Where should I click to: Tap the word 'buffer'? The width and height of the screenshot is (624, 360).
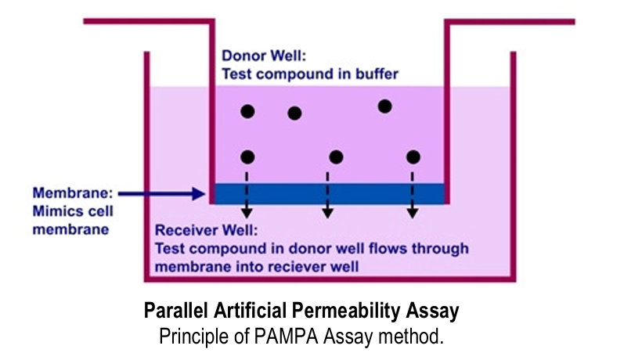[374, 74]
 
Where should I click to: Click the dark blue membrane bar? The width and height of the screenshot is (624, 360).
[329, 193]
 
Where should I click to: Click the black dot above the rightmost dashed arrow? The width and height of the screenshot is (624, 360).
[413, 157]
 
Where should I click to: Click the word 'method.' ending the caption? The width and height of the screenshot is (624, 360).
[422, 337]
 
